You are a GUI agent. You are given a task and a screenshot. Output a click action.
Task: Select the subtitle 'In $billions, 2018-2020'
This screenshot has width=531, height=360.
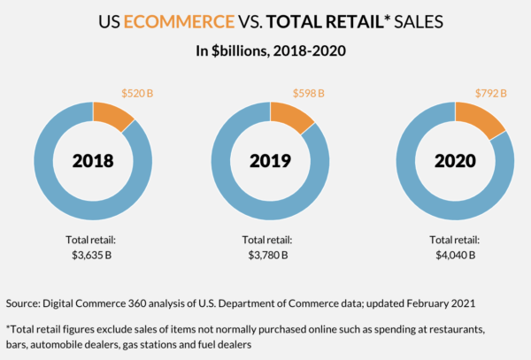pos(265,51)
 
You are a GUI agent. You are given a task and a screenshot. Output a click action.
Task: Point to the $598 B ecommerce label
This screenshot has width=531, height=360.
pos(309,92)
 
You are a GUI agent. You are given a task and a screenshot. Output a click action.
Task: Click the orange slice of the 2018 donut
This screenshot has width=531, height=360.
pos(112,114)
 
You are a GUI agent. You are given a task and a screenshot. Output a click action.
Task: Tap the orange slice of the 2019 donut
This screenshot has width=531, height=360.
pos(292,115)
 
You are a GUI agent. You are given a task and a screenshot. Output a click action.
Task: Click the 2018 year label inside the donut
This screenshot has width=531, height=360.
pos(94,162)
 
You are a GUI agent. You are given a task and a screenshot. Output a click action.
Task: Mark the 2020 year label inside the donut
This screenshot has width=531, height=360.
pos(456,162)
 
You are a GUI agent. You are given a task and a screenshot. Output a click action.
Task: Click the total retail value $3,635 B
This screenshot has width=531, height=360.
pos(93,255)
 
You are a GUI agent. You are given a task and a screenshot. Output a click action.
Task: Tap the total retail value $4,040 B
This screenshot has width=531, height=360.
pos(455,255)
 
